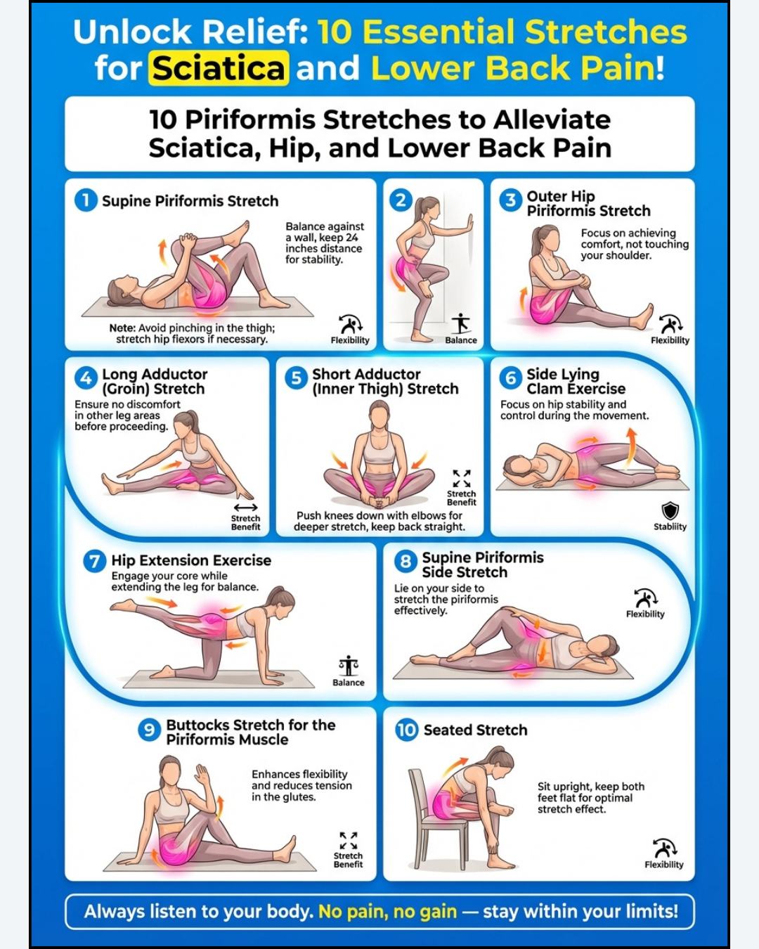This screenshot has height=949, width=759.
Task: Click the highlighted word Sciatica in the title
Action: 219,68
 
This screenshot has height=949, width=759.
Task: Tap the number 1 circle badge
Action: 86,200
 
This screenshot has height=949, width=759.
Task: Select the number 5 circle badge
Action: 296,378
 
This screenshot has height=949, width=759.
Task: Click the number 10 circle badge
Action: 406,730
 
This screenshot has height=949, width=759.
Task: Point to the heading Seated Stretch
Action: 475,730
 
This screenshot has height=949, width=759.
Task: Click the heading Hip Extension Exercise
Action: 191,560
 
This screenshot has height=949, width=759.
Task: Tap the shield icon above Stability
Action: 670,510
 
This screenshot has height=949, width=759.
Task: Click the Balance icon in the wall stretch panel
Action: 461,323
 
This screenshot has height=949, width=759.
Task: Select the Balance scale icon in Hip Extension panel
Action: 349,666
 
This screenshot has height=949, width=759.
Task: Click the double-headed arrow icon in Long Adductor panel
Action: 246,508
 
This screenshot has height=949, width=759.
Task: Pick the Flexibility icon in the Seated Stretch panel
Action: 664,848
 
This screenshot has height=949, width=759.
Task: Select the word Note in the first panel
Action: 122,328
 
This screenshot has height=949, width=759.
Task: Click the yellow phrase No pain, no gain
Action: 388,912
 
